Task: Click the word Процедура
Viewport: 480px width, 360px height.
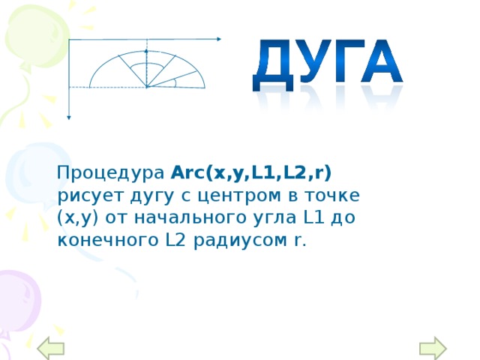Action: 112,173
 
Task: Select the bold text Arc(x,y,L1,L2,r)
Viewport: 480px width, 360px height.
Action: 251,172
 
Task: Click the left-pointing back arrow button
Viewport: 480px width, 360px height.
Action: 52,347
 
